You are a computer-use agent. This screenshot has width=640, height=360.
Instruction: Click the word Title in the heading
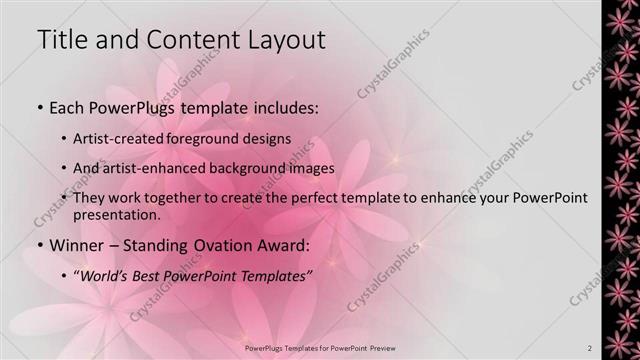point(63,41)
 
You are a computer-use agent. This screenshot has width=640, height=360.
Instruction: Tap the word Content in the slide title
point(192,41)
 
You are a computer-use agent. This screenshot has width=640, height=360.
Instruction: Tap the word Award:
point(288,245)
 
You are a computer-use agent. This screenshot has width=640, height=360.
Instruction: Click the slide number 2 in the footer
point(589,348)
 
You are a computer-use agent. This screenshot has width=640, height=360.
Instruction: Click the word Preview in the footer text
point(379,348)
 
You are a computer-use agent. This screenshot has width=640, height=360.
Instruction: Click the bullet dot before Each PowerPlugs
point(39,107)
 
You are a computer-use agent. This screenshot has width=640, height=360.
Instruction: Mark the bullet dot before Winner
point(39,246)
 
